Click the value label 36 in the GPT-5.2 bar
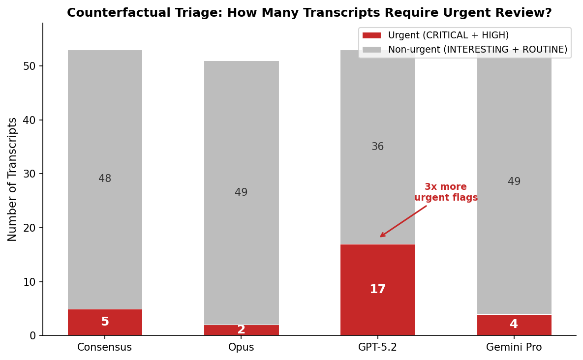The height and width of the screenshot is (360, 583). pos(377,147)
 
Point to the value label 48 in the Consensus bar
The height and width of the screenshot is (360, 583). pos(105,179)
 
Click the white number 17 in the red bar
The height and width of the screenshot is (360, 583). pos(377,290)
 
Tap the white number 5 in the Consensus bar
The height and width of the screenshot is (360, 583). pos(105,322)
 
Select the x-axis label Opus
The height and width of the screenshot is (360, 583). pos(241,348)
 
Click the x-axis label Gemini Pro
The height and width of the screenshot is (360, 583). pos(514,348)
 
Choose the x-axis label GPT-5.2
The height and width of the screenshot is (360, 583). pos(377,348)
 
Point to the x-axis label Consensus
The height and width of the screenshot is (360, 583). pos(105,348)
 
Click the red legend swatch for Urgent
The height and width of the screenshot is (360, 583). pos(371,35)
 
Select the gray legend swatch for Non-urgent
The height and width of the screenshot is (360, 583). pos(371,50)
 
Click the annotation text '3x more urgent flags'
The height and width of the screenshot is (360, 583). pos(446,192)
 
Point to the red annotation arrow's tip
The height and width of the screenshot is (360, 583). pos(380,237)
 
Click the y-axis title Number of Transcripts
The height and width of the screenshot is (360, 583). pos(12,179)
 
